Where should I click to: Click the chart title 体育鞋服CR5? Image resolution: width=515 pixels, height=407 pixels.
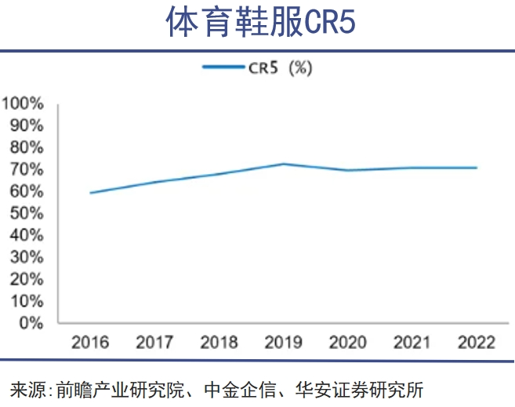[x=260, y=24]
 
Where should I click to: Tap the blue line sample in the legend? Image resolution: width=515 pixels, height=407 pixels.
[x=223, y=68]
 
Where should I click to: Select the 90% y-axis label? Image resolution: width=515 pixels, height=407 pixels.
[x=27, y=125]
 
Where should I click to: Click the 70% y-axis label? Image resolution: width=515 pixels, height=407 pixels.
[x=27, y=169]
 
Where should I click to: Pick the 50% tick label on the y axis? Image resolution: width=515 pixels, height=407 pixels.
[x=27, y=213]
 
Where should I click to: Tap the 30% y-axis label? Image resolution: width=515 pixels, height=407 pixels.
[x=27, y=257]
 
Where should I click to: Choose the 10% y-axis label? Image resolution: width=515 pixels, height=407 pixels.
[x=27, y=301]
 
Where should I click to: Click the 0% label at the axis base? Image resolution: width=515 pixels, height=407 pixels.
[x=31, y=323]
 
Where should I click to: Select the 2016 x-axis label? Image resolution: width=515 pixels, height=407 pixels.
[x=90, y=343]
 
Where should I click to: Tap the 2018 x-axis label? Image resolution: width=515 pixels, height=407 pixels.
[x=219, y=343]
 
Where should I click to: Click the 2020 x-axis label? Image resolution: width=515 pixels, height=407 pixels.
[x=347, y=343]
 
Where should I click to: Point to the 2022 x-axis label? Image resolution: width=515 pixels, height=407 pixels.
[x=476, y=343]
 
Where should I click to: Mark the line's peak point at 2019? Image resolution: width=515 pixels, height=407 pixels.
[x=283, y=164]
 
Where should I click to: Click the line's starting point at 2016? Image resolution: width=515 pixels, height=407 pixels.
[x=90, y=193]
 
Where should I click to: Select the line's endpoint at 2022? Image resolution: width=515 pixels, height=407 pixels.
[x=476, y=168]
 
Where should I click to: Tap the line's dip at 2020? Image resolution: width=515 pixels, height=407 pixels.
[x=347, y=170]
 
